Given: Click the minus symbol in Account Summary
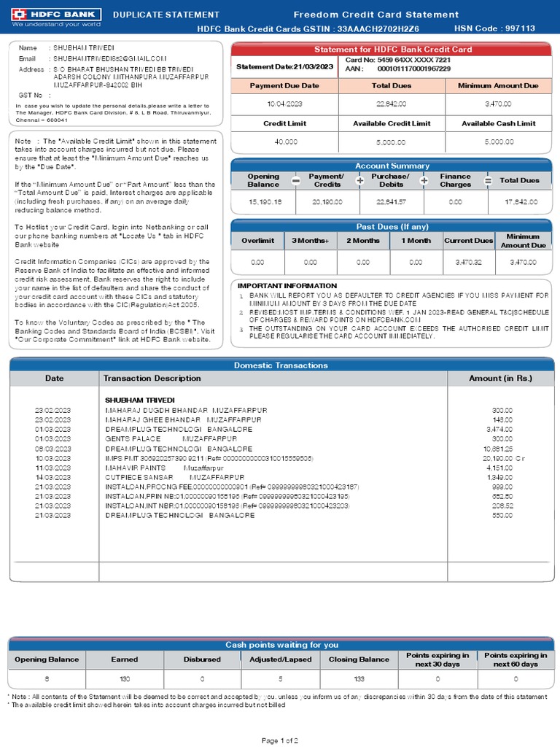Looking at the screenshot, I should (x=295, y=181).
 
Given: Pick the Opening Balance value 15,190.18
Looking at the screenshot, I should (x=263, y=201).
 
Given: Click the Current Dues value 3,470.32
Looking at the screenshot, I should (x=468, y=261).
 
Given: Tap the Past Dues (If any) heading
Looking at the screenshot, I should (x=392, y=227).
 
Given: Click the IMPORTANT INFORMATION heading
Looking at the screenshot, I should (x=287, y=286).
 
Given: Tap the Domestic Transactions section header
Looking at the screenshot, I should (x=280, y=365).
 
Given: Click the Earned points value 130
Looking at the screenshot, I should (x=124, y=678).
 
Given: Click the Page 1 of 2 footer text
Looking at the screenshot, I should (x=280, y=740).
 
